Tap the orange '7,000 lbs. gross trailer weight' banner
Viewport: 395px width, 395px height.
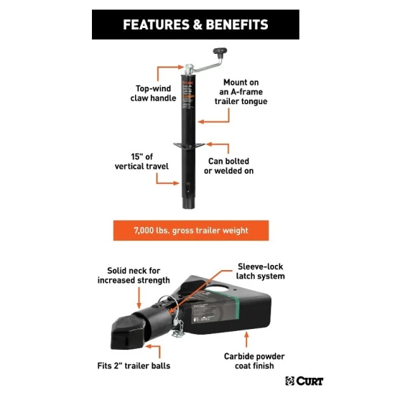[x=190, y=231]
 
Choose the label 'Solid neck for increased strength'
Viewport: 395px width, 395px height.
[x=134, y=275]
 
